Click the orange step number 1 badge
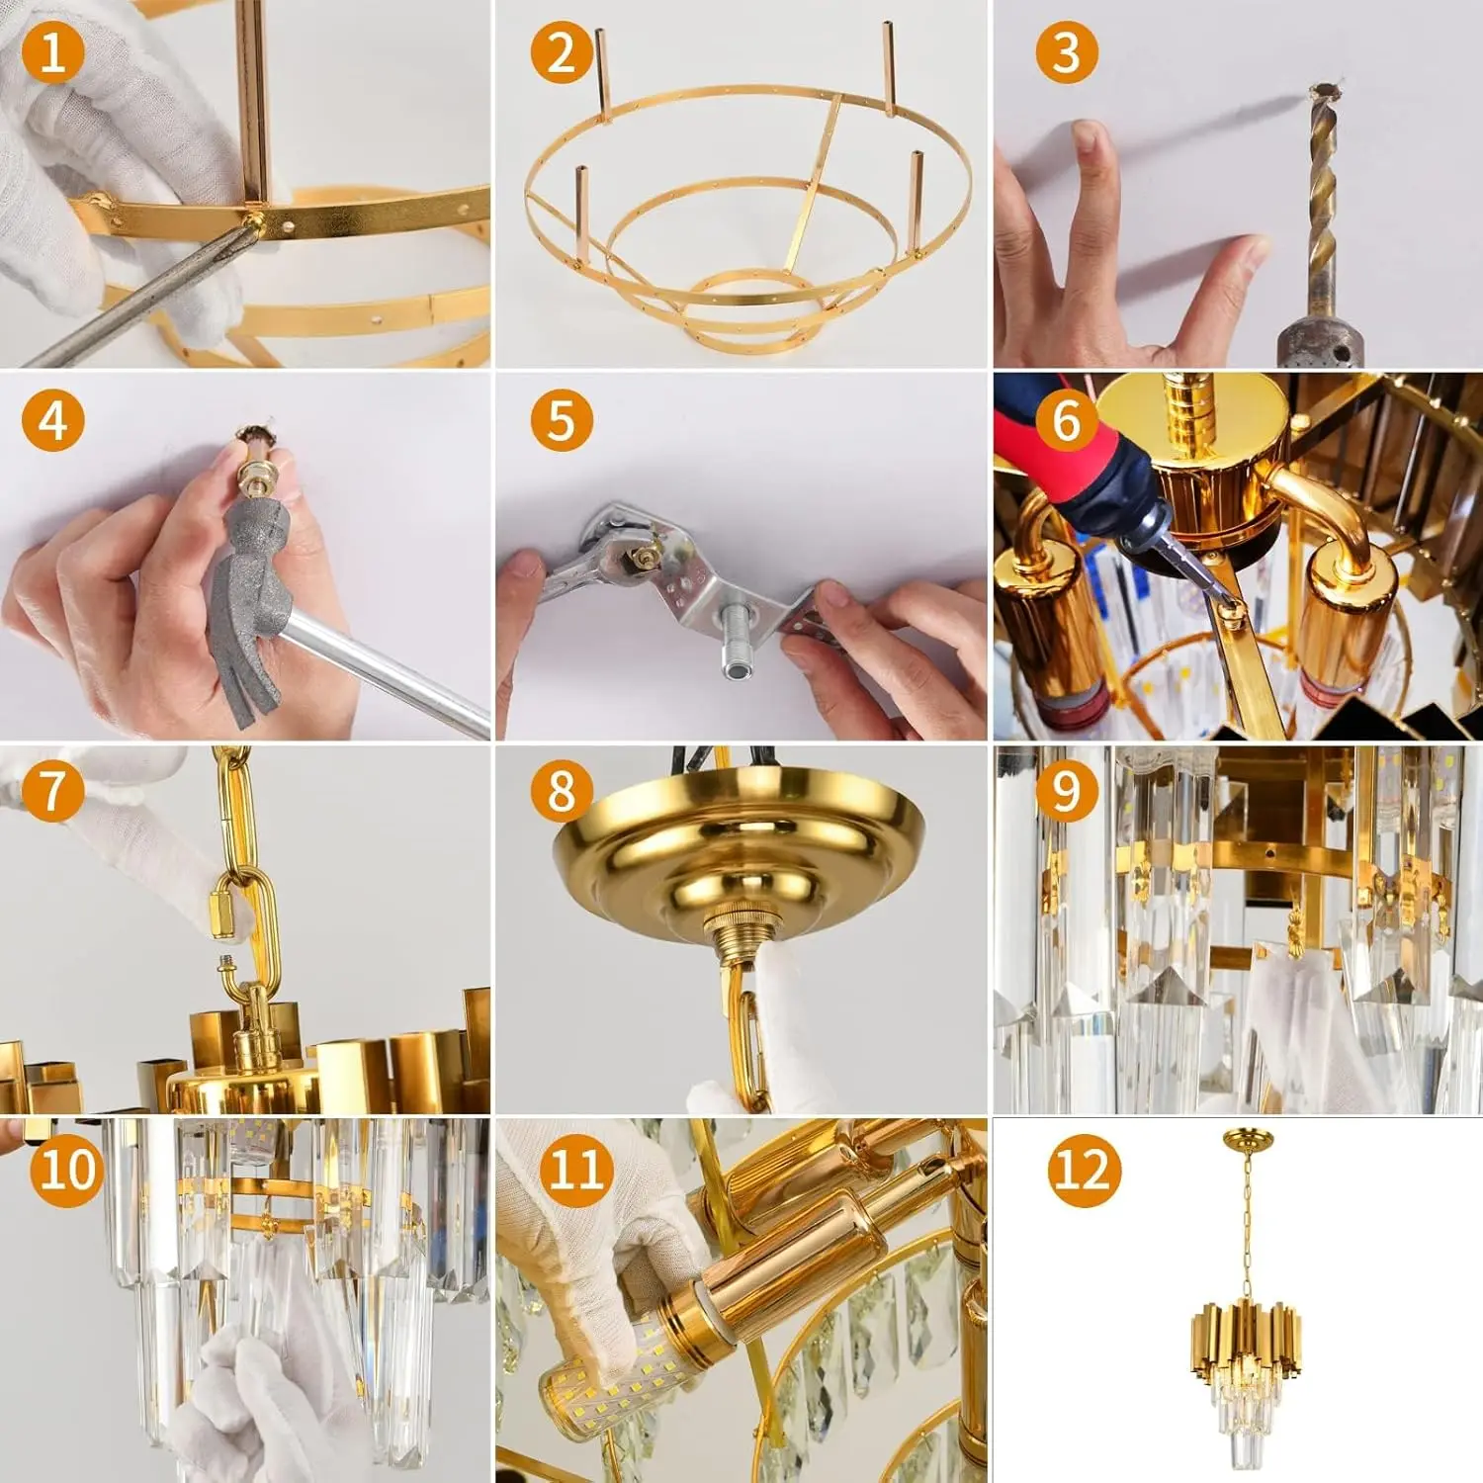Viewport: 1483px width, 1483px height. [52, 50]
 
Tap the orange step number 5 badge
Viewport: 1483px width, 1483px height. [561, 420]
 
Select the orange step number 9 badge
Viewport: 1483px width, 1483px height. [1066, 791]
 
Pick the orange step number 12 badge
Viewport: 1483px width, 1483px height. [1084, 1171]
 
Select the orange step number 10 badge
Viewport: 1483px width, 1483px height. [66, 1170]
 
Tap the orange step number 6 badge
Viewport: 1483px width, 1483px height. [1066, 420]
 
